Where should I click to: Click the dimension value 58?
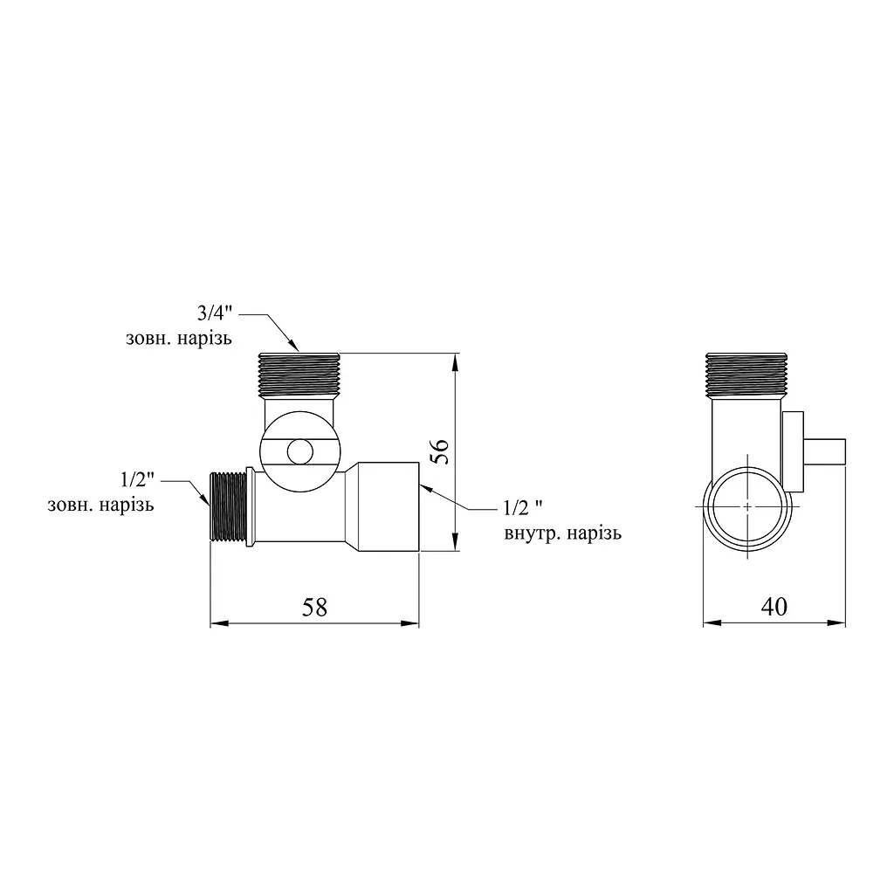coord(314,608)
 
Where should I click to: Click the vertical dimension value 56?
coord(440,453)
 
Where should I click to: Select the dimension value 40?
coord(774,607)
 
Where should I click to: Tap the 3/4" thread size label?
coord(215,313)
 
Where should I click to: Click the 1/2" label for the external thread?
coord(137,479)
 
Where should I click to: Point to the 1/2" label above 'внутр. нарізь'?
coord(523,507)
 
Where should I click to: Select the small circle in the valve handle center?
coord(300,452)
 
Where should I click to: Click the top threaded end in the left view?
coord(299,375)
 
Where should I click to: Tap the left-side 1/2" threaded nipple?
coord(228,506)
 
